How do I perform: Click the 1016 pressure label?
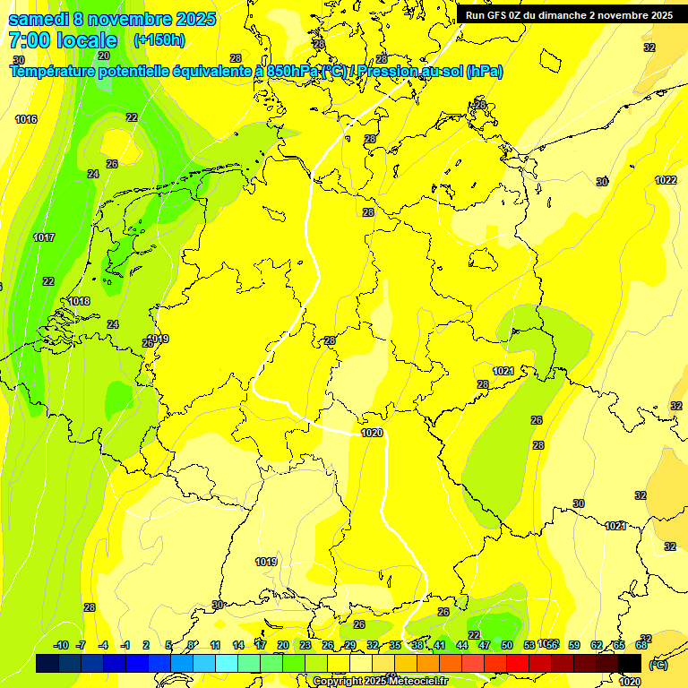coord(26,119)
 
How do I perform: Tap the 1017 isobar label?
coord(44,237)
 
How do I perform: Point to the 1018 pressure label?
coord(79,301)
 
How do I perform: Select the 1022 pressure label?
coord(666,180)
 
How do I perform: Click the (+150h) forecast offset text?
coord(159,40)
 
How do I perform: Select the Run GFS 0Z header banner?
coord(570,14)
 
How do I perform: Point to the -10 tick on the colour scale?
coord(61,645)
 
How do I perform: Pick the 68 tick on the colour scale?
coord(641,645)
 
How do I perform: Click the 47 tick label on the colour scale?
coord(485,645)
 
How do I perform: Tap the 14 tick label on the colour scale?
coord(238,645)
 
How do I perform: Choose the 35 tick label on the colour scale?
coord(395,645)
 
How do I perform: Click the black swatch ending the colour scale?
coord(630,663)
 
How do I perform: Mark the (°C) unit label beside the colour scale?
coord(658,664)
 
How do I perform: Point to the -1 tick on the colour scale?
coord(125,645)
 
